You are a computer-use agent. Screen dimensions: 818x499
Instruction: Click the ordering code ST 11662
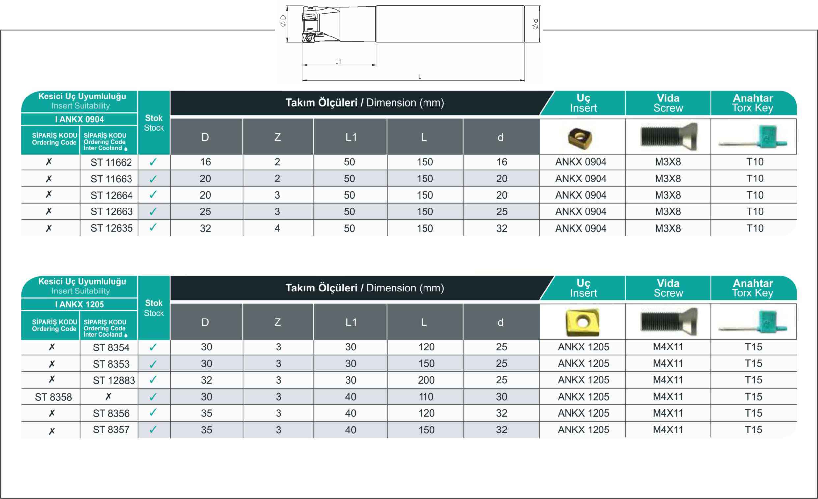pos(111,162)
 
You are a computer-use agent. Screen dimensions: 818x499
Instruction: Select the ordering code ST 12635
pos(111,228)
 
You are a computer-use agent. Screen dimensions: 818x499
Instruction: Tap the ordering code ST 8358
pos(53,397)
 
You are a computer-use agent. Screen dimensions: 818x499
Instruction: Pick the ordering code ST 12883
pos(114,380)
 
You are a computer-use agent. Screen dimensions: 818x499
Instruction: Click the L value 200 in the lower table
pos(426,380)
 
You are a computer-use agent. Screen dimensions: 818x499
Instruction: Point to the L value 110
pos(426,397)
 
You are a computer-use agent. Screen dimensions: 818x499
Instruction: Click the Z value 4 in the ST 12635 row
pos(277,228)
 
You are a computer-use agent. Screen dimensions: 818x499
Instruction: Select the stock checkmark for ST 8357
pos(153,430)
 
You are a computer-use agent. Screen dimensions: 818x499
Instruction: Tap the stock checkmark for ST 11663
pos(153,179)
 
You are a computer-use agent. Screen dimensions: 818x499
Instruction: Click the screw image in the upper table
pos(669,136)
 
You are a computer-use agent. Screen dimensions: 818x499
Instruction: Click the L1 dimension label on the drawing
pos(338,61)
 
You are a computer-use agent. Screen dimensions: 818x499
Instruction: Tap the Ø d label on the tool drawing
pos(535,24)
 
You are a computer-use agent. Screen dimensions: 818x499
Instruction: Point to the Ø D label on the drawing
pos(283,20)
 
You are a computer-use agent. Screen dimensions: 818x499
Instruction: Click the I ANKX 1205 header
pos(80,304)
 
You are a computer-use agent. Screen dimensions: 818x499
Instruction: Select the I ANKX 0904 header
pos(80,119)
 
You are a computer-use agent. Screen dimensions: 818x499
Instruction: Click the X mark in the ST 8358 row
pos(108,397)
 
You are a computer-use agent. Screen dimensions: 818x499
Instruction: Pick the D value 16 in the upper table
pos(206,162)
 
